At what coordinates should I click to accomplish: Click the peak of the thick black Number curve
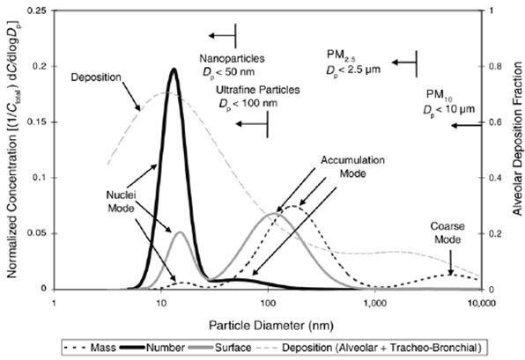174,70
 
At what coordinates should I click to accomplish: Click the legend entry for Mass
90,348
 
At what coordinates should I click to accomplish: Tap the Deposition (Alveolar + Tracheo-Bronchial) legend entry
367,348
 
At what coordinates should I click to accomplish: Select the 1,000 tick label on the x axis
374,303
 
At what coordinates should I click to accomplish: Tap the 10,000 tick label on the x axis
481,303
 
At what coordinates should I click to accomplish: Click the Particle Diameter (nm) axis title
271,325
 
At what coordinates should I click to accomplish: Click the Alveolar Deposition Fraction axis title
517,138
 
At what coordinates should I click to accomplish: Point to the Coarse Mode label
447,233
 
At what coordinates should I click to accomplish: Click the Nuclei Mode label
121,202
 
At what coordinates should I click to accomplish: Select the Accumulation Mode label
352,166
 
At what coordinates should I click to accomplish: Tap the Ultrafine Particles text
257,90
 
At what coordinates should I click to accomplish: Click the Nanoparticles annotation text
232,59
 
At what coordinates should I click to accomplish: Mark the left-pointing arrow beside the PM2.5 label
404,62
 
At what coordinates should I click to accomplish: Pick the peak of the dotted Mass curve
293,206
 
